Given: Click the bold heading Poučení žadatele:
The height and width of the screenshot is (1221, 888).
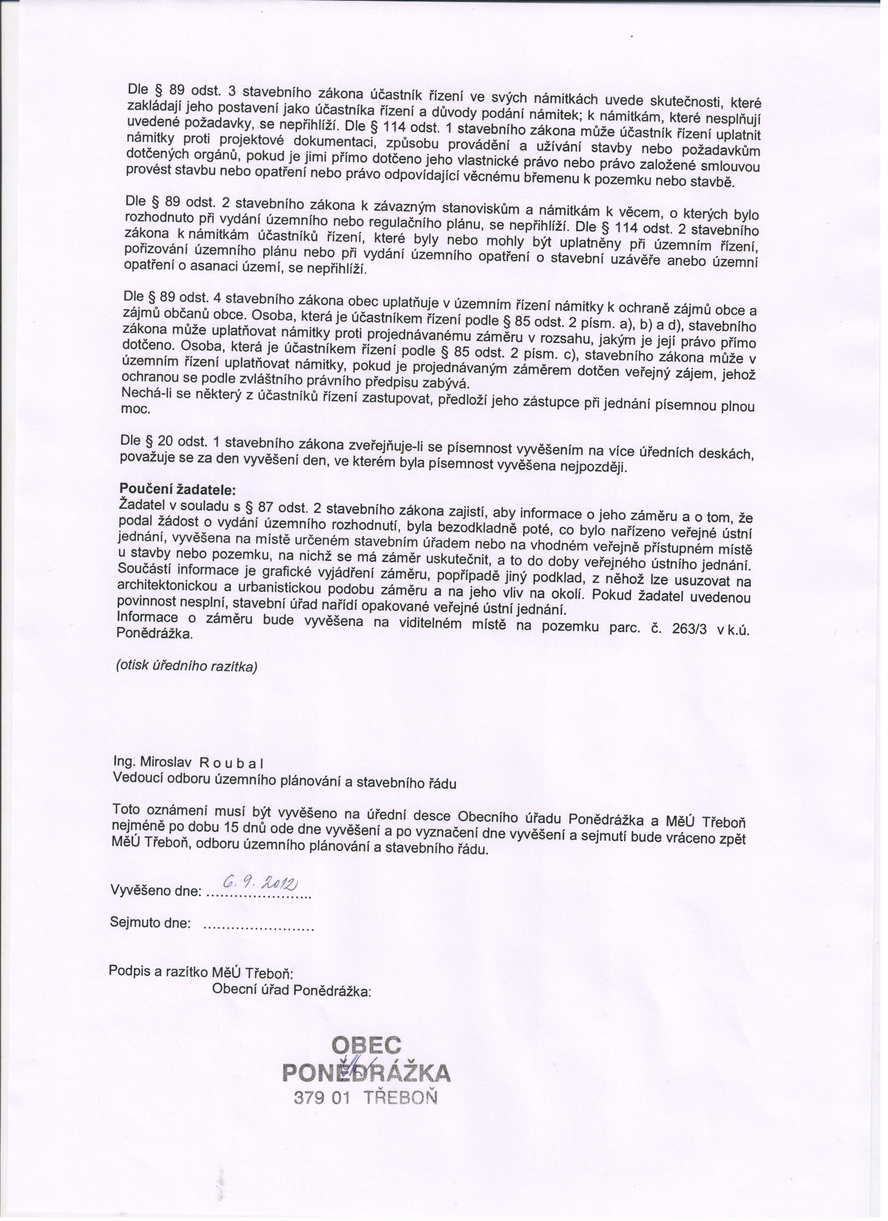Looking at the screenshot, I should pos(176,491).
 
